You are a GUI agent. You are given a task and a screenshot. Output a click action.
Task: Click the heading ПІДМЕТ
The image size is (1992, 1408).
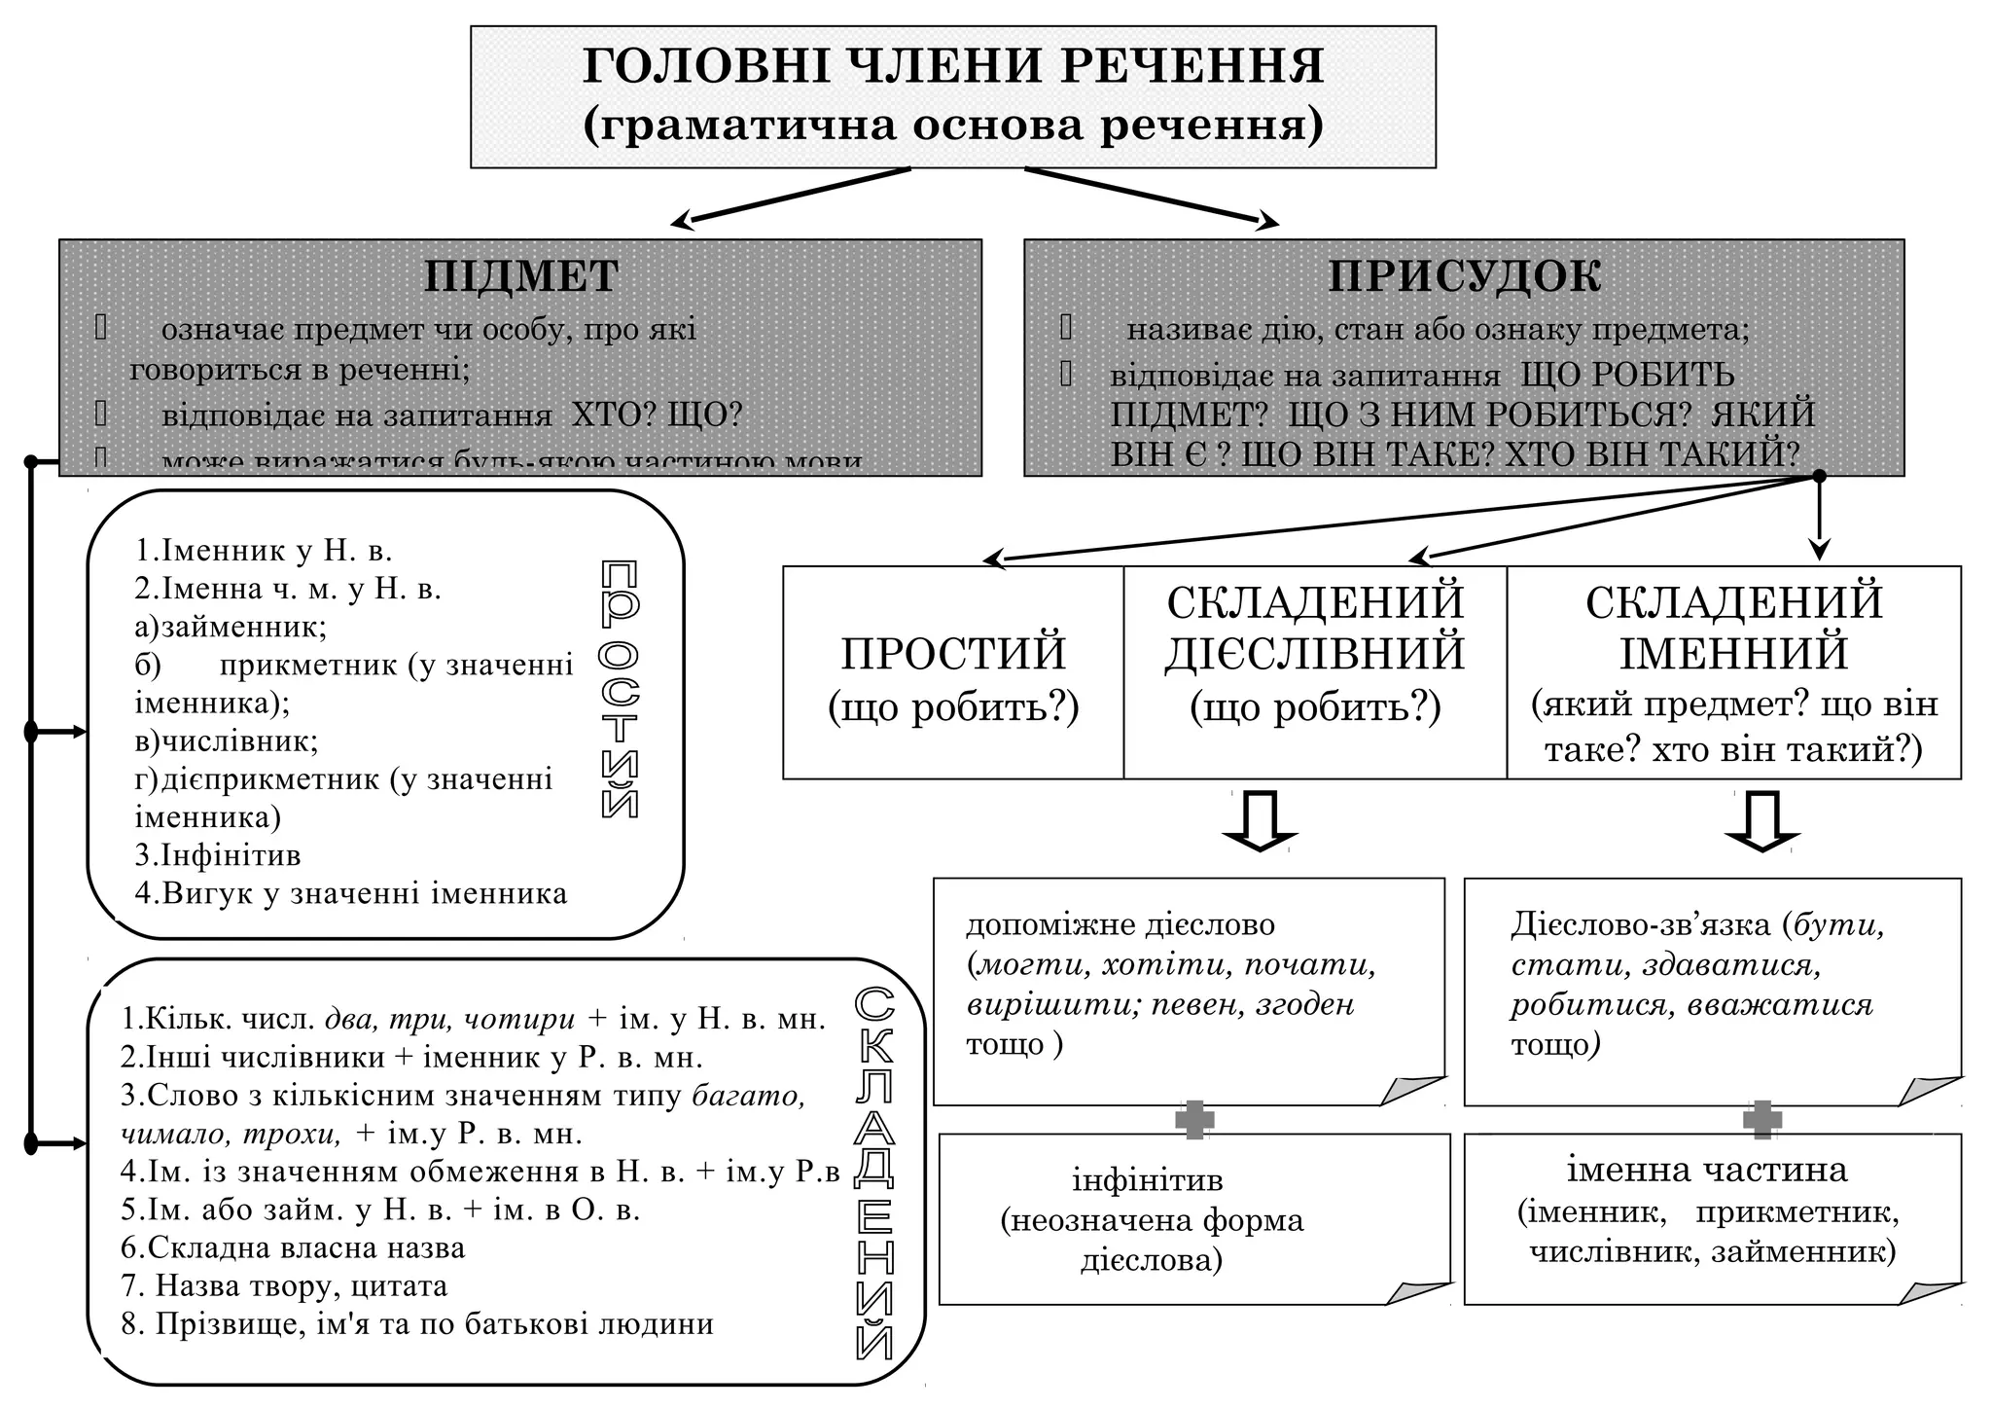point(521,276)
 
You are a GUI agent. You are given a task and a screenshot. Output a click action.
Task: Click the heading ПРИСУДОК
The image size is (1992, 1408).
point(1464,276)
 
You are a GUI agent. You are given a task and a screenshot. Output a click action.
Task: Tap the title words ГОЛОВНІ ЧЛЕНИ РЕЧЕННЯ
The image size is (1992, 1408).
point(953,66)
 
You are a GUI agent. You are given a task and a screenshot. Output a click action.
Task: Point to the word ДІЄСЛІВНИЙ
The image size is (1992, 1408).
point(1315,654)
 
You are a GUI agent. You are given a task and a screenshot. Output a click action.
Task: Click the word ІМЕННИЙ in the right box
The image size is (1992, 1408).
point(1733,654)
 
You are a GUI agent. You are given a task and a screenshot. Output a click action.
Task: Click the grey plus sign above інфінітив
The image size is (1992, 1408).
point(1194,1120)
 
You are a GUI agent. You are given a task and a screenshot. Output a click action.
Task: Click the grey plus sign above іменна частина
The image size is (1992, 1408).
point(1761,1120)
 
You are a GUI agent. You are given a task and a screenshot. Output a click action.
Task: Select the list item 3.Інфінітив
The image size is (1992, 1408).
point(218,855)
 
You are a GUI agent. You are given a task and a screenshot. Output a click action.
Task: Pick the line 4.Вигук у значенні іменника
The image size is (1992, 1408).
point(350,893)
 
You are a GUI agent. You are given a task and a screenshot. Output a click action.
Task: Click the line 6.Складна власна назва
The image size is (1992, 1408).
point(293,1247)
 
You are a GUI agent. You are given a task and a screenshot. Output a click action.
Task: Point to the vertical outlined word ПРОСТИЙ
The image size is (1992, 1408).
point(620,689)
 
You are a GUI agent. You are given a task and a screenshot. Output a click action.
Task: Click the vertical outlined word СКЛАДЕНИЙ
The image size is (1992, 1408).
point(873,1172)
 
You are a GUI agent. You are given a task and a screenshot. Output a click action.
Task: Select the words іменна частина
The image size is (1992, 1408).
point(1707,1170)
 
